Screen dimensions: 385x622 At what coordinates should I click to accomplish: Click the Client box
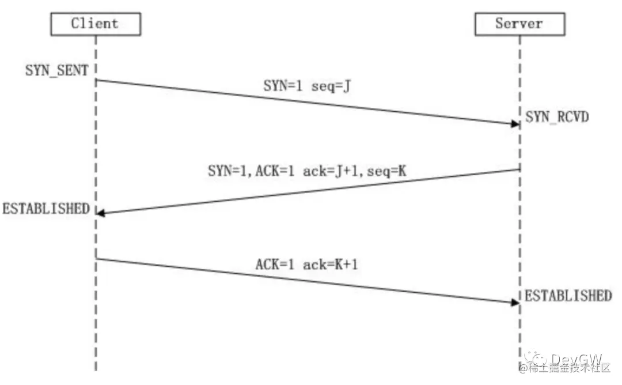pyautogui.click(x=95, y=24)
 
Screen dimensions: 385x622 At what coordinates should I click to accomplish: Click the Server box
pyautogui.click(x=519, y=24)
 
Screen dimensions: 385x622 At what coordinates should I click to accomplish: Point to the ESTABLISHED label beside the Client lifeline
pyautogui.click(x=46, y=208)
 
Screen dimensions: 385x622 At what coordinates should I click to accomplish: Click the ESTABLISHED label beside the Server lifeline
pyautogui.click(x=568, y=296)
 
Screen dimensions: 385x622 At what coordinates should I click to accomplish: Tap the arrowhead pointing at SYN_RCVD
pyautogui.click(x=514, y=123)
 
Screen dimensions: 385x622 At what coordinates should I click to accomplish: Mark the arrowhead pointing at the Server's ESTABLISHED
pyautogui.click(x=514, y=302)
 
